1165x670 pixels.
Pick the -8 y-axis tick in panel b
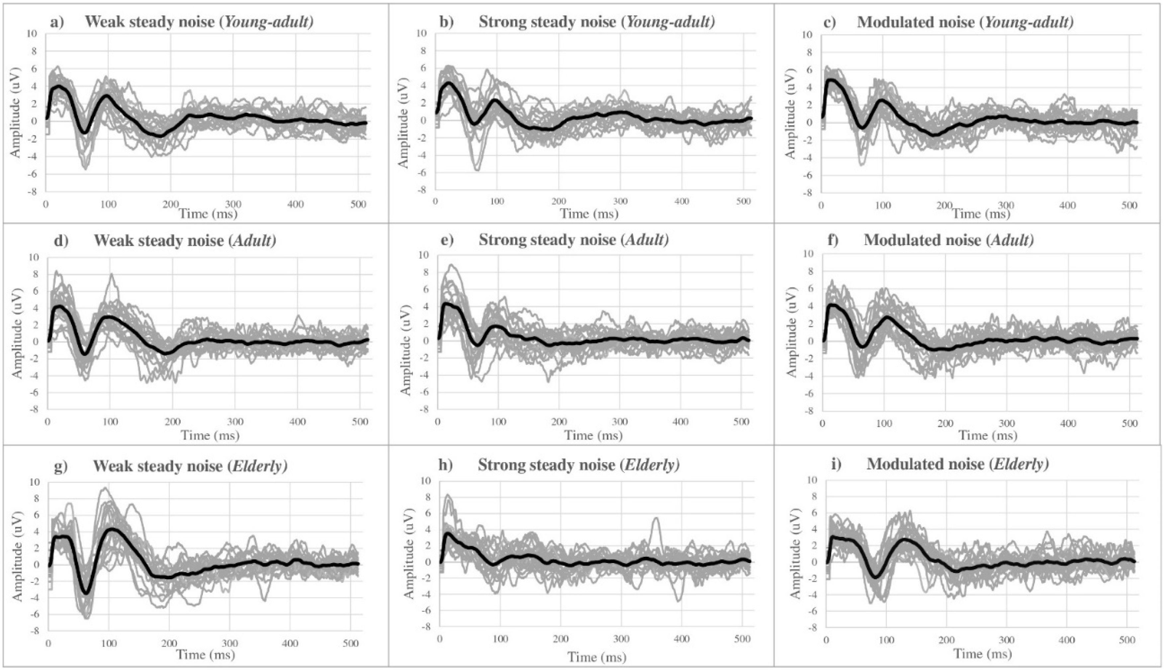click(x=421, y=190)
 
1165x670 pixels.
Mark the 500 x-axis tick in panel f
click(x=1129, y=423)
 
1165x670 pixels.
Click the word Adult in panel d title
click(x=254, y=240)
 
